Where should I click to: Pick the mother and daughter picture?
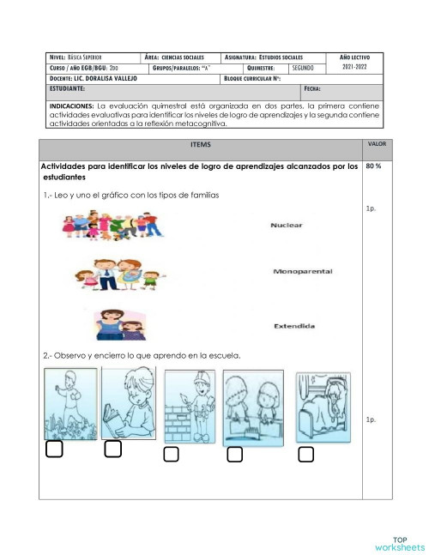pyautogui.click(x=123, y=324)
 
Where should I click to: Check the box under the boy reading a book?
pyautogui.click(x=112, y=448)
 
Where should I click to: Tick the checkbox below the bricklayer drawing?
pyautogui.click(x=171, y=454)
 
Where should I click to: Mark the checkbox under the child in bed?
pyautogui.click(x=305, y=454)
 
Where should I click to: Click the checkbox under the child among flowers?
pyautogui.click(x=55, y=449)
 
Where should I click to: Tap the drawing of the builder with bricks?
pyautogui.click(x=188, y=407)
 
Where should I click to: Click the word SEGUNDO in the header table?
pyautogui.click(x=306, y=67)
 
